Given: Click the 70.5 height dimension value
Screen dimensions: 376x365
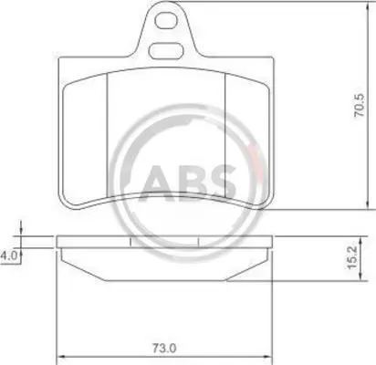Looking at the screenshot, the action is coord(360,106).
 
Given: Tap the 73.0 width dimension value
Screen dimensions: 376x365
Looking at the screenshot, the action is coord(164,348).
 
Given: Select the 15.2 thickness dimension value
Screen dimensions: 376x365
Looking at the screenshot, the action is coord(351,257).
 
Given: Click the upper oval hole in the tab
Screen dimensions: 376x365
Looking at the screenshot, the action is coord(166,21).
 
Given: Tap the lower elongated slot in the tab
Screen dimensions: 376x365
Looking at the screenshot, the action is coord(166,51).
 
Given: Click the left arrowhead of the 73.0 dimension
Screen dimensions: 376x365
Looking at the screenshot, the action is coord(60,356).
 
